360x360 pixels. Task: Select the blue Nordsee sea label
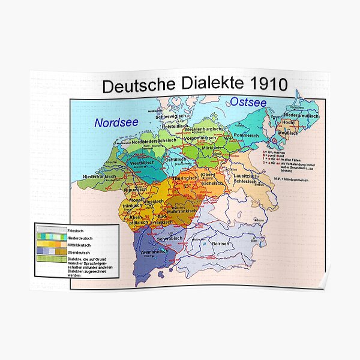[116, 122]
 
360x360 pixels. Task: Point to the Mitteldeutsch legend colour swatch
[51, 244]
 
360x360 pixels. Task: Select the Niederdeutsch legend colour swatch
[51, 237]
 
